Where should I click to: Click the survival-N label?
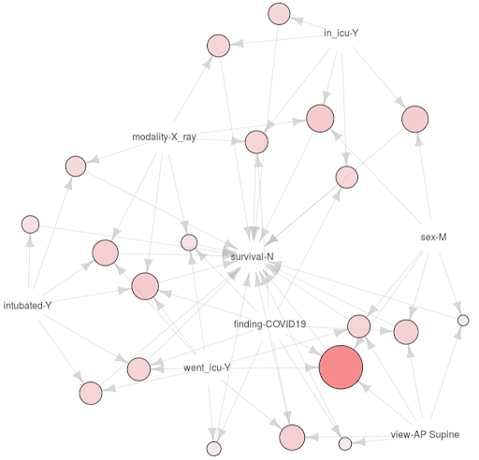pyautogui.click(x=252, y=256)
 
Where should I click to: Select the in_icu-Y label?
pyautogui.click(x=341, y=33)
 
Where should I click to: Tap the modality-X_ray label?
pyautogui.click(x=164, y=137)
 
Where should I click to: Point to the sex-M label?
pyautogui.click(x=433, y=237)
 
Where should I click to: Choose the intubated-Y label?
pyautogui.click(x=27, y=306)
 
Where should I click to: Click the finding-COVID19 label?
pyautogui.click(x=269, y=324)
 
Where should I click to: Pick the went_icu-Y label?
pyautogui.click(x=207, y=367)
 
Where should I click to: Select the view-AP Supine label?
pyautogui.click(x=425, y=434)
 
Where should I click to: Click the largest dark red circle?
pyautogui.click(x=341, y=367)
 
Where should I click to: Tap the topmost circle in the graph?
pyautogui.click(x=279, y=14)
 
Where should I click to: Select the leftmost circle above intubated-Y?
pyautogui.click(x=31, y=224)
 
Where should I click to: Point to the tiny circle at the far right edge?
pyautogui.click(x=463, y=321)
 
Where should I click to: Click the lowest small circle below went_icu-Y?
pyautogui.click(x=214, y=449)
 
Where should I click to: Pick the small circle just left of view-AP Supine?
pyautogui.click(x=345, y=443)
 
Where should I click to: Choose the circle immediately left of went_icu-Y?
pyautogui.click(x=138, y=369)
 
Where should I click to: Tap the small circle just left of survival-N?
pyautogui.click(x=189, y=242)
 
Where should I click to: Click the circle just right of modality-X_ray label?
pyautogui.click(x=256, y=142)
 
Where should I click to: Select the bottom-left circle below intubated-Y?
pyautogui.click(x=91, y=393)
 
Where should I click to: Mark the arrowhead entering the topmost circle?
pyautogui.click(x=297, y=21)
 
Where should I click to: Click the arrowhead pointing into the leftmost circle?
pyautogui.click(x=30, y=239)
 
